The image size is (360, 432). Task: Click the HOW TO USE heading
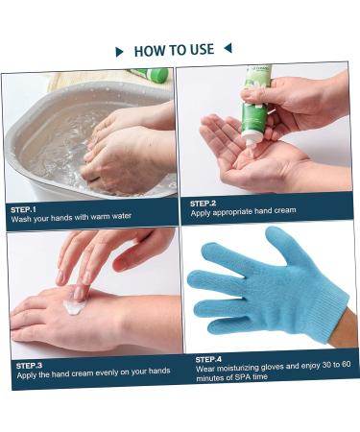pos(174,50)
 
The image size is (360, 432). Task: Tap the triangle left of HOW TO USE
pos(119,51)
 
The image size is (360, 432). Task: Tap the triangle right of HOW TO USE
pos(228,48)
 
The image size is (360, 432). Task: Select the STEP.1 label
pos(24,208)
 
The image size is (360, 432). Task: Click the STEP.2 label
pos(203,203)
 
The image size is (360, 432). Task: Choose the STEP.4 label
pos(209,358)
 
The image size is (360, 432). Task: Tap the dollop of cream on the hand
pos(76,306)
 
